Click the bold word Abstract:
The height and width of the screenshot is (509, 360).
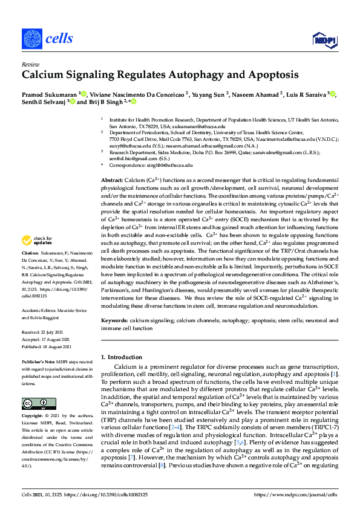[111, 181]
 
